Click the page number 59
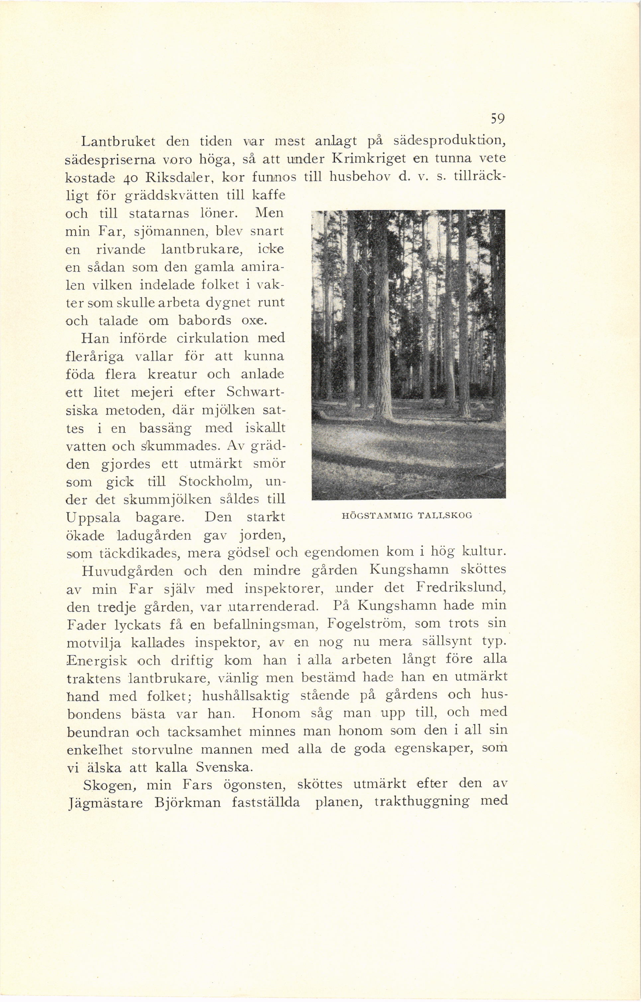498,120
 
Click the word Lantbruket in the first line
118,142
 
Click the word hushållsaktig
245,696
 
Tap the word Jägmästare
105,802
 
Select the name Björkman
187,802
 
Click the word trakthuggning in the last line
422,801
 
